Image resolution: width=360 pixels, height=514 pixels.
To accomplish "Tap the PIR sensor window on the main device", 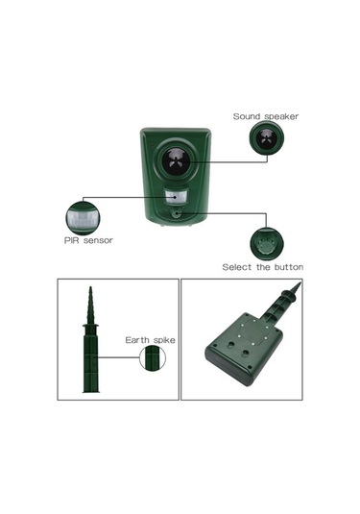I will tap(176, 197).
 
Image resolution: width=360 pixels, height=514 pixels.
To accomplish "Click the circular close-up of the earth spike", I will tap(151, 358).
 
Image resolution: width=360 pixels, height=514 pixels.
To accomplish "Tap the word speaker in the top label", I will tap(281, 116).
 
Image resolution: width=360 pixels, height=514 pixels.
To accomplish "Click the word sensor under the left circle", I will tap(98, 240).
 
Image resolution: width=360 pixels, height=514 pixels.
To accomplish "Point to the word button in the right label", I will tap(288, 266).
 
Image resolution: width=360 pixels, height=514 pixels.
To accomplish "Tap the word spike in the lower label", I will tap(162, 340).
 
